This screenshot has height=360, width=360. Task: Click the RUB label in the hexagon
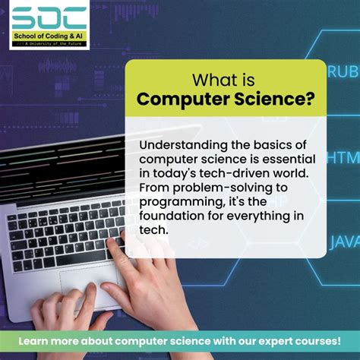point(343,72)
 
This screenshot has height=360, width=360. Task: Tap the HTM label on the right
point(343,157)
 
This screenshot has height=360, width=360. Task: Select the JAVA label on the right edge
point(344,242)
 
